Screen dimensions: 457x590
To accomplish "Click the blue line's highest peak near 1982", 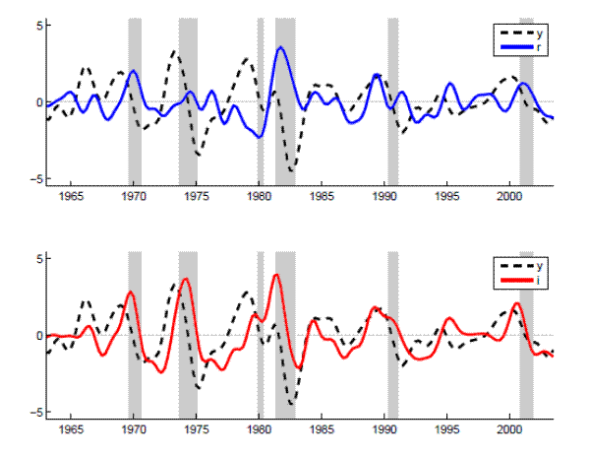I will tap(281, 47).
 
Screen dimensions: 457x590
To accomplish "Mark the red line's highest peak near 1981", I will tap(276, 275).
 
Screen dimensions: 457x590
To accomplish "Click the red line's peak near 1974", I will tap(186, 279).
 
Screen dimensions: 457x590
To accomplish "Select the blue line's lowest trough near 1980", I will tap(260, 137).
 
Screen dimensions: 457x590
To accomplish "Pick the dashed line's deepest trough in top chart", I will tap(291, 170).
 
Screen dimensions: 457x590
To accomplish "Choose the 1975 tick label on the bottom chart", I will tap(197, 429).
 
